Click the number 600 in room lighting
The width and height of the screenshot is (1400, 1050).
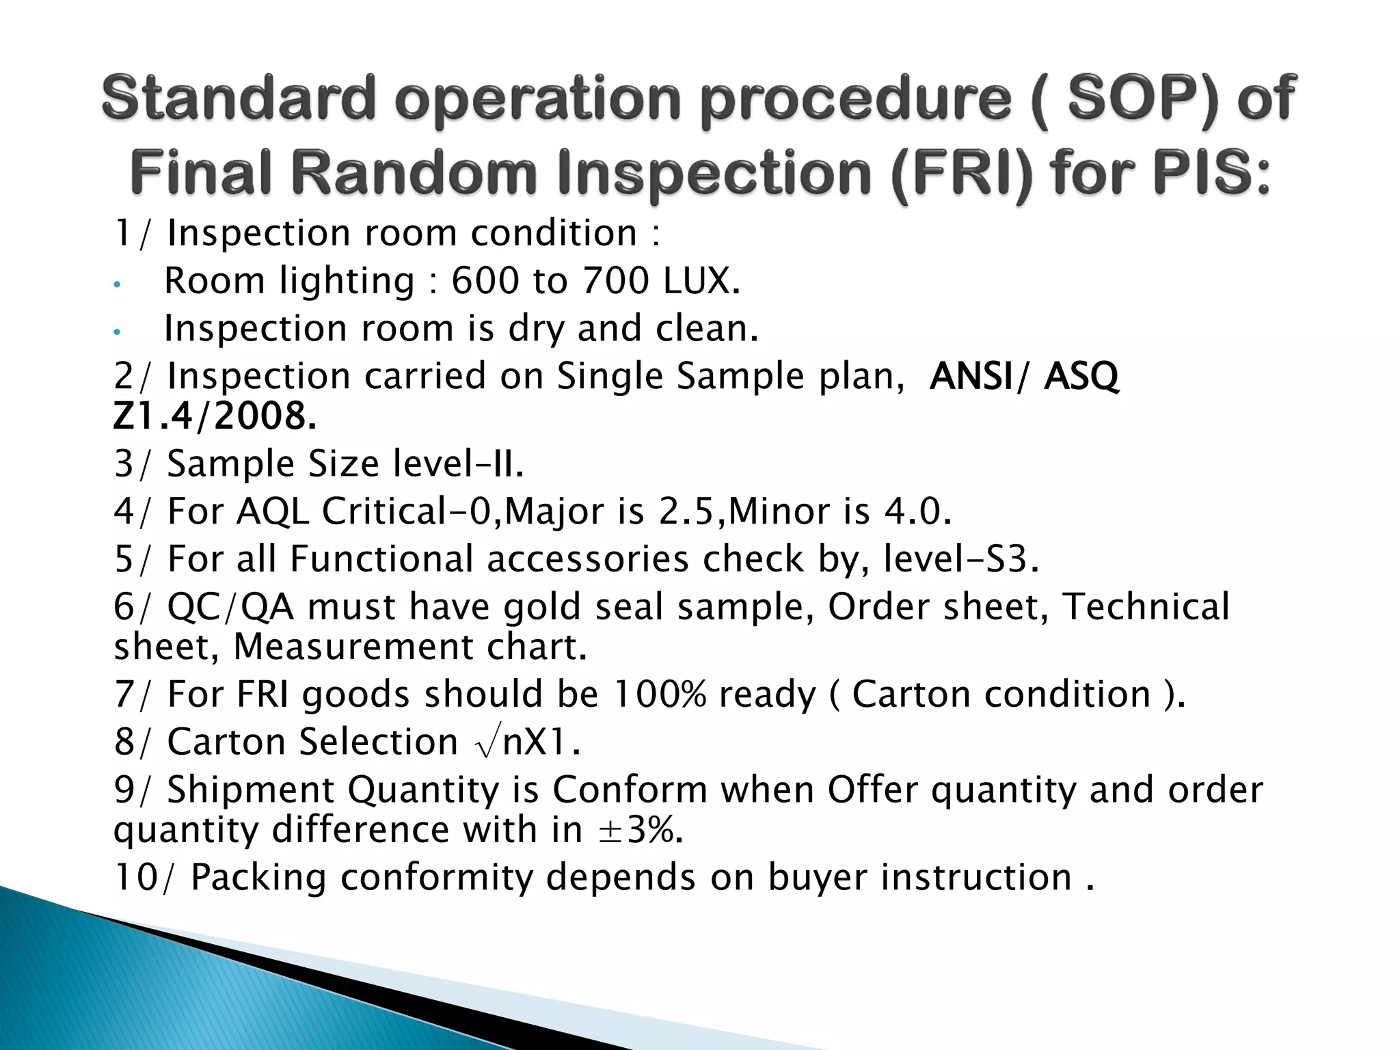pos(485,281)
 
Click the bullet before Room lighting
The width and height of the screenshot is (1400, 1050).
pos(117,284)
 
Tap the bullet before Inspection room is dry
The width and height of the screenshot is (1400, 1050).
pos(117,332)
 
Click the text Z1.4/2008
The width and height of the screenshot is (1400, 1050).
pos(215,416)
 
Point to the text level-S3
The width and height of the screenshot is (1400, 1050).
pos(960,559)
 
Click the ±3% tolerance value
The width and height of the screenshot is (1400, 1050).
pos(639,830)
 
